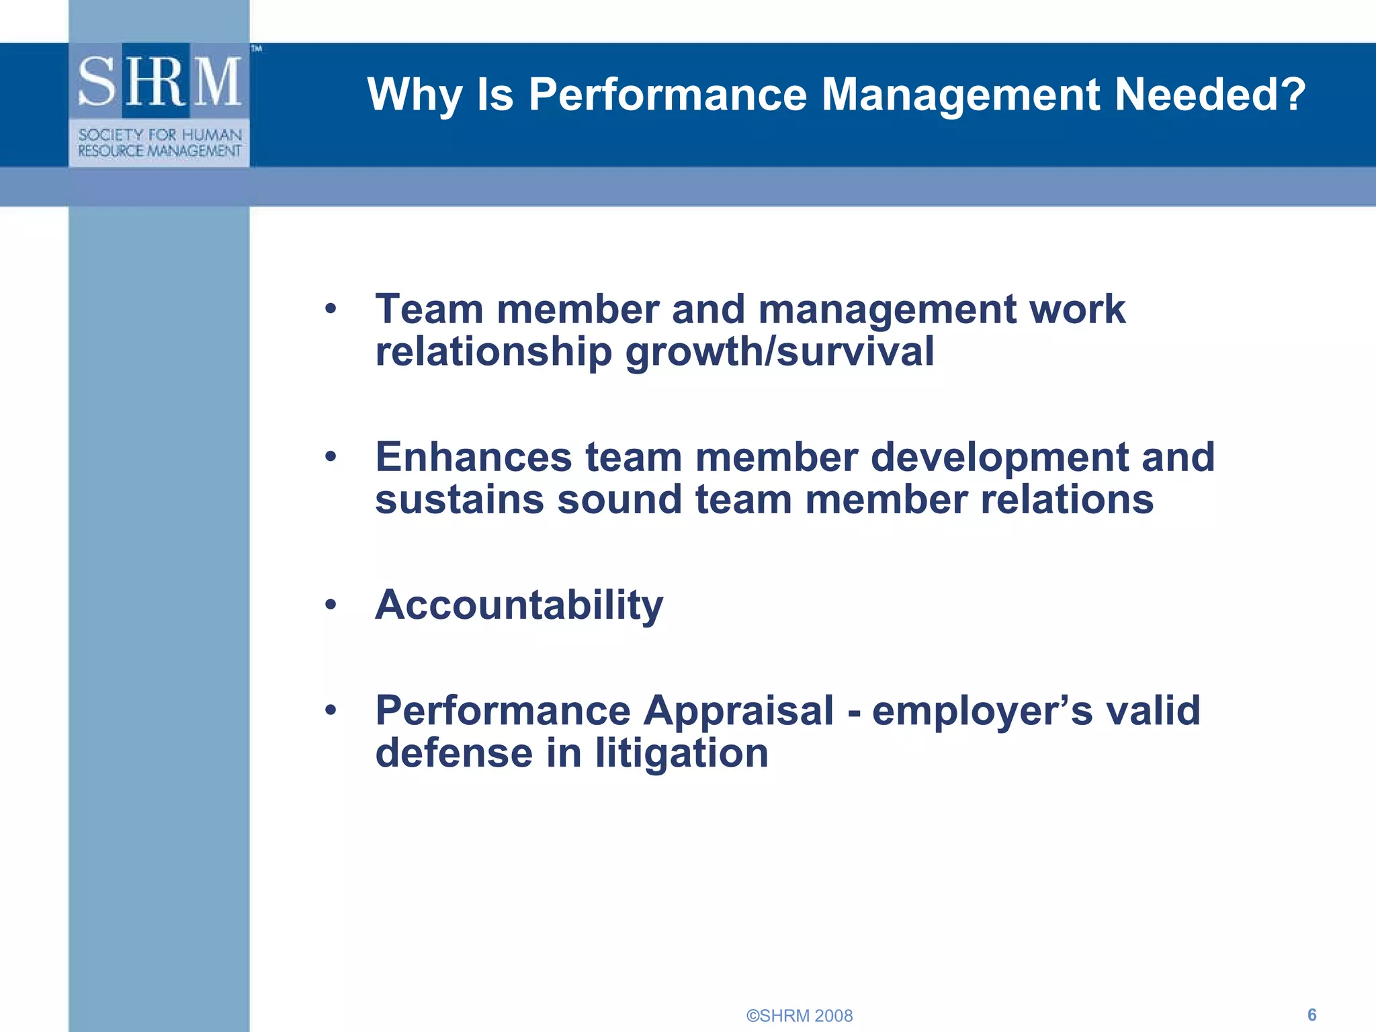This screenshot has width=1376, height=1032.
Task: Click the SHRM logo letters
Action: pyautogui.click(x=159, y=82)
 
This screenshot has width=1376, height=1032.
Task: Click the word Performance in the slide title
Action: pyautogui.click(x=667, y=94)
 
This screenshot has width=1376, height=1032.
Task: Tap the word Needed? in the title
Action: pyautogui.click(x=1209, y=94)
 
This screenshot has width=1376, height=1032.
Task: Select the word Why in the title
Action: pyautogui.click(x=415, y=95)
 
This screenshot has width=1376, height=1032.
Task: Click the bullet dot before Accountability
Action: pyautogui.click(x=330, y=605)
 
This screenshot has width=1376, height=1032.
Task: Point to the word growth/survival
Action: pyautogui.click(x=779, y=352)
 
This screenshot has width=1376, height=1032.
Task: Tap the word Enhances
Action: pyautogui.click(x=473, y=458)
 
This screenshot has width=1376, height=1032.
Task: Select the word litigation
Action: pyautogui.click(x=681, y=753)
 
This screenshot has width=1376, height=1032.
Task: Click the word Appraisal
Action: pyautogui.click(x=738, y=712)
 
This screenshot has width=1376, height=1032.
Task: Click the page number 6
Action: pyautogui.click(x=1311, y=1015)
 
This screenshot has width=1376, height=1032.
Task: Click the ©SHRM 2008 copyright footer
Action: pyautogui.click(x=799, y=1016)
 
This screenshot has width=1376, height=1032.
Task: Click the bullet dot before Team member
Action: pyautogui.click(x=330, y=310)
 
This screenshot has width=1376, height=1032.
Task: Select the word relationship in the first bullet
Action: pyautogui.click(x=493, y=352)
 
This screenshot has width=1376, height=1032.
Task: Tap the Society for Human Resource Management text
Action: pyautogui.click(x=159, y=143)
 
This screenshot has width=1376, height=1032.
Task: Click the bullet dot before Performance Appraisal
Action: pyautogui.click(x=330, y=710)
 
